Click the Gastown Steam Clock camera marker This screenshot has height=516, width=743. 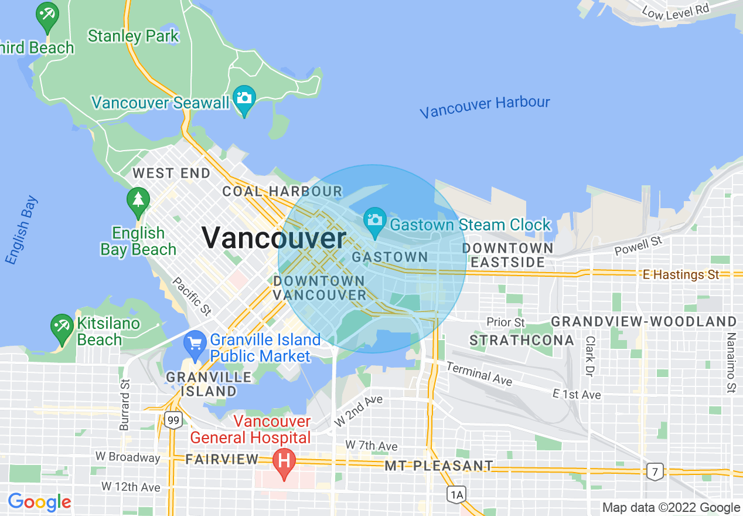(x=375, y=221)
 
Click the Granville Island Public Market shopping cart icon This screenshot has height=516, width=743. (x=194, y=343)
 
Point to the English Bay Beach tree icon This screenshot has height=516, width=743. (x=138, y=200)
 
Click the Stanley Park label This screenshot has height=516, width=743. (x=133, y=36)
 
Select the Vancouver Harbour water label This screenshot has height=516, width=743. (x=485, y=106)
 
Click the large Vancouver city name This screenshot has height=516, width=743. (x=274, y=238)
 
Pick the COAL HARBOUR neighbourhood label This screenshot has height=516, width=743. (x=282, y=191)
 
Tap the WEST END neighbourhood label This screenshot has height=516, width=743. (x=171, y=173)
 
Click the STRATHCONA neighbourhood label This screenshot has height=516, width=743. (x=522, y=340)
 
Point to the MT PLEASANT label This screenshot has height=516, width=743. (x=439, y=466)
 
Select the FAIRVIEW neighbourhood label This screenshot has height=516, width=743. (x=222, y=459)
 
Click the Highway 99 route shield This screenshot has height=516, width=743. (x=173, y=420)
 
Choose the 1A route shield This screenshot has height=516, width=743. (x=456, y=494)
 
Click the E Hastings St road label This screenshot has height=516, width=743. (x=680, y=274)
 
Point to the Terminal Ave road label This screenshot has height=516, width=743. (x=479, y=374)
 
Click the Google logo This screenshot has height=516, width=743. (x=39, y=502)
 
